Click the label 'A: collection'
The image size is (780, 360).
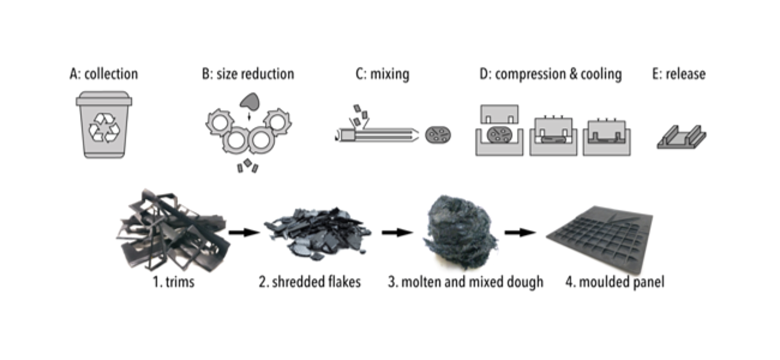[103, 74]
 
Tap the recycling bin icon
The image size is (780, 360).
[104, 124]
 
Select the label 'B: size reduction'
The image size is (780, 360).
[248, 74]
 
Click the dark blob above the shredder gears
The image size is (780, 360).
[248, 102]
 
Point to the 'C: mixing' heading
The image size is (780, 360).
[382, 74]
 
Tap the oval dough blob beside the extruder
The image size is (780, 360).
[438, 135]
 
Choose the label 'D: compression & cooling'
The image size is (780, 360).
[550, 74]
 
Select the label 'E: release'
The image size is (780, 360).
[679, 74]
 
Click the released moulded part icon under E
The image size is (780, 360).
[681, 137]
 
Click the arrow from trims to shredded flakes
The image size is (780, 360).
[244, 232]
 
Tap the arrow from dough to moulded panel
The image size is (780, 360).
[520, 232]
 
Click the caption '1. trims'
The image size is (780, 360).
[173, 282]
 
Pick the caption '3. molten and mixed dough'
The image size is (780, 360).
[465, 282]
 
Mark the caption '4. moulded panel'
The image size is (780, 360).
[615, 282]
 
